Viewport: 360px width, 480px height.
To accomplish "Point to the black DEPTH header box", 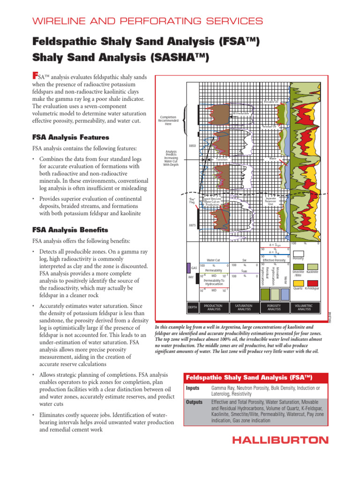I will (x=192, y=307).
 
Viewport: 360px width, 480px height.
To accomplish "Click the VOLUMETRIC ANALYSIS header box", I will (x=304, y=307).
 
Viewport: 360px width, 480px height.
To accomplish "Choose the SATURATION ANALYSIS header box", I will (x=244, y=307).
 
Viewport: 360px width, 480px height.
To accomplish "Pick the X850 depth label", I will (x=192, y=146).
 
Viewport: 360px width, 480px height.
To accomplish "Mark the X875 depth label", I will (x=192, y=225).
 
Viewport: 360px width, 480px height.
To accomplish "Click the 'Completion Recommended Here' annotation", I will (x=168, y=120).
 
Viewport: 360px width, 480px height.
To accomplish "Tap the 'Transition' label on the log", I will (x=221, y=160).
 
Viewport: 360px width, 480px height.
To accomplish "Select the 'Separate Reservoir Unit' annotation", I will (x=270, y=201).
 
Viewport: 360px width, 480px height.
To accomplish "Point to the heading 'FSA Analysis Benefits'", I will (x=70, y=230).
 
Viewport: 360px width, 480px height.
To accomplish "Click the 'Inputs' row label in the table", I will (x=193, y=388).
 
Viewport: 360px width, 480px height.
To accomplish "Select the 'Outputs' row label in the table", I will (x=194, y=402).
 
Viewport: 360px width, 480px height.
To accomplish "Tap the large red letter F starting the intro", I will (x=34, y=75).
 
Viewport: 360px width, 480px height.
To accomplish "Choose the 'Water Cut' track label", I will (x=213, y=260).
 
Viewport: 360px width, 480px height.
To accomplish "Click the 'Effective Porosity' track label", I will (x=274, y=260).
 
